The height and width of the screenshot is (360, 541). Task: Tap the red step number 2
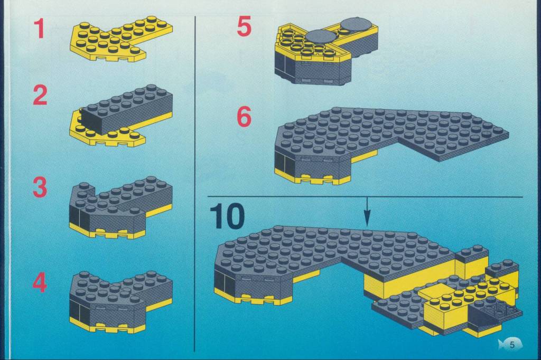[40, 95]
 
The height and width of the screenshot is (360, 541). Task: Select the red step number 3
[40, 187]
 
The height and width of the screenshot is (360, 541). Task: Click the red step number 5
[244, 26]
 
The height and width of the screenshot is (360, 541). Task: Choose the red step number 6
[244, 117]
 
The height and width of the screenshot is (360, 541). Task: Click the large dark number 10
[227, 216]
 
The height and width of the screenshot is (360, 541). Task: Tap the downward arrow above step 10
[367, 211]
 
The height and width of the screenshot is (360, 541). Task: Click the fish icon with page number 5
[510, 344]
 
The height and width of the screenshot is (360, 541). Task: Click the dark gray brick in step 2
[126, 109]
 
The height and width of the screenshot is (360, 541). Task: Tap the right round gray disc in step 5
[357, 24]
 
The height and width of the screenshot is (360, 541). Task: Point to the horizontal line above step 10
[365, 197]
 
